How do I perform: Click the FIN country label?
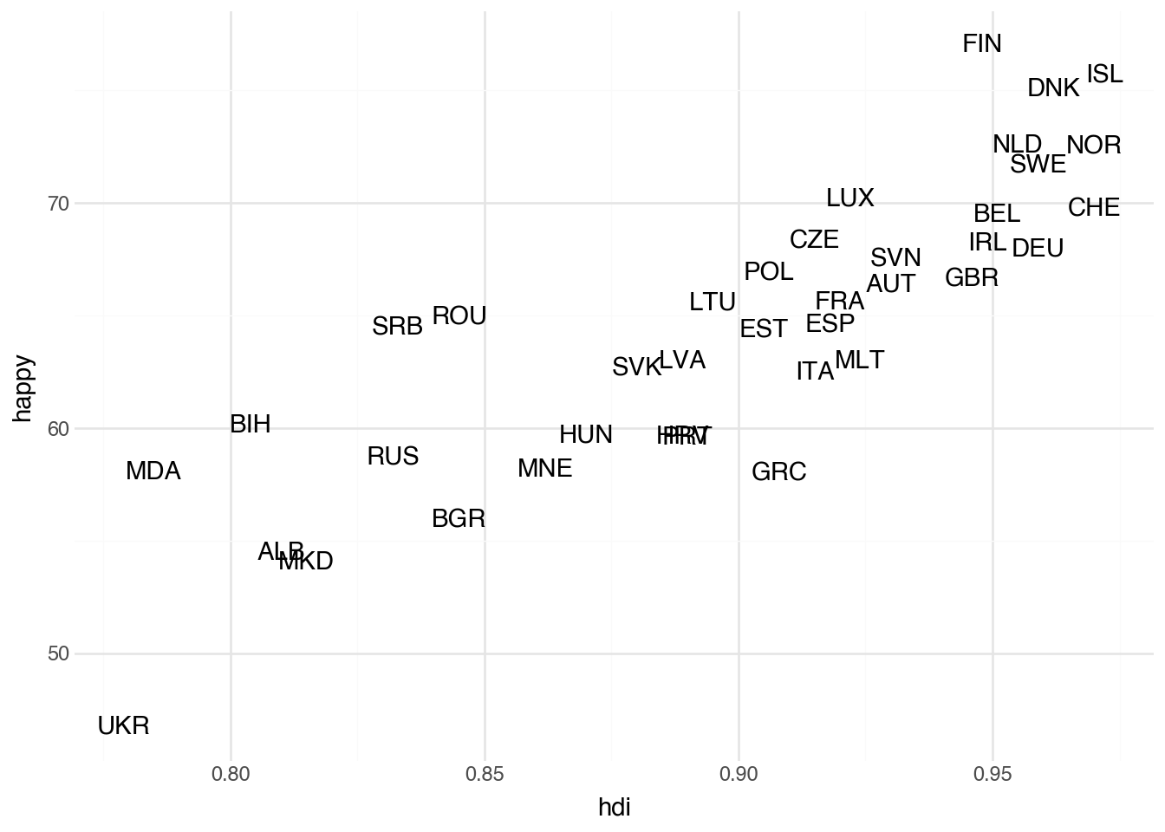click(982, 44)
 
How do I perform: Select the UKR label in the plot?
click(123, 726)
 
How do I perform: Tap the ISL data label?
click(1104, 75)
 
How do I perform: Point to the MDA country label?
click(153, 471)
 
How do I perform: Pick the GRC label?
click(778, 472)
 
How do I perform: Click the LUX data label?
click(849, 198)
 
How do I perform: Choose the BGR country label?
click(458, 519)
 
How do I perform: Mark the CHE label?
click(1093, 208)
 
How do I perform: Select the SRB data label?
click(397, 327)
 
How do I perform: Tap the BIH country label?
click(251, 425)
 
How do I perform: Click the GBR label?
click(971, 278)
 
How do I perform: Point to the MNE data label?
click(544, 469)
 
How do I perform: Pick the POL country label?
click(768, 272)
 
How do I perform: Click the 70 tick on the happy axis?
click(58, 205)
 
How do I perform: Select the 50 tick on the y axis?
click(58, 654)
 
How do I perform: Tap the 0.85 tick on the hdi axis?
click(485, 774)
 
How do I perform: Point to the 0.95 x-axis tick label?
click(993, 774)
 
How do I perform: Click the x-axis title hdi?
click(614, 808)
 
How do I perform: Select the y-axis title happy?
click(23, 388)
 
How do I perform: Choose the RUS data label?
click(393, 457)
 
